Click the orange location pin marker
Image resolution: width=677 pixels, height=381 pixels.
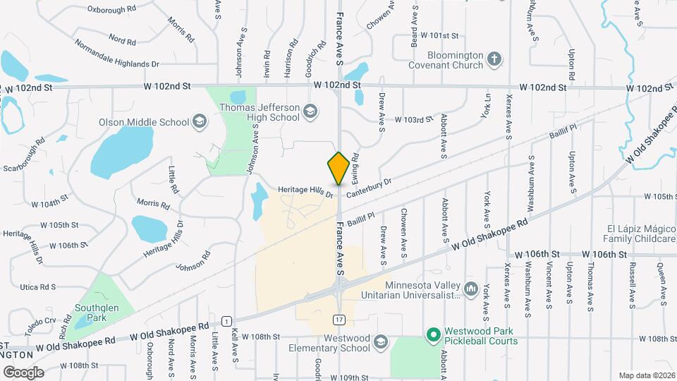tap(338, 169)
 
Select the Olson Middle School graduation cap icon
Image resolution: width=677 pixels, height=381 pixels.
tap(200, 121)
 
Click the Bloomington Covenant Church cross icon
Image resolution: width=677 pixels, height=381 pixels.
tap(495, 59)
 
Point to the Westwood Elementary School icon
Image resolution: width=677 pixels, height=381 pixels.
tap(382, 342)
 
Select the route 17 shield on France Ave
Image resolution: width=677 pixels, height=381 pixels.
tap(339, 320)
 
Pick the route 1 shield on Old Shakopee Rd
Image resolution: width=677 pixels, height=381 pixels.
tap(226, 321)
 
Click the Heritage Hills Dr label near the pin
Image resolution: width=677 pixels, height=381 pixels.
tap(305, 190)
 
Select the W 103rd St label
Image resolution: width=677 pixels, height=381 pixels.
tap(413, 120)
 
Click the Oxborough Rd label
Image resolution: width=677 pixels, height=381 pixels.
tap(111, 10)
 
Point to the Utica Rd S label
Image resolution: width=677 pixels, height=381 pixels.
tap(38, 287)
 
